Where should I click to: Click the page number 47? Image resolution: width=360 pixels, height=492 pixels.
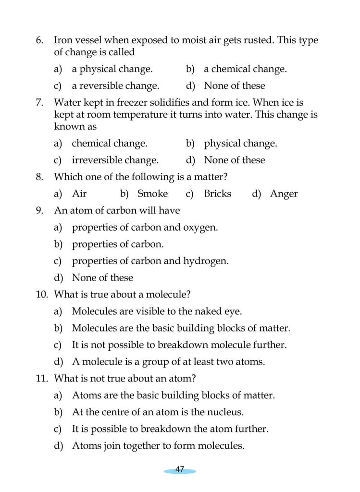coord(180,469)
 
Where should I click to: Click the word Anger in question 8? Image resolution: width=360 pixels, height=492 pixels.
coord(284,194)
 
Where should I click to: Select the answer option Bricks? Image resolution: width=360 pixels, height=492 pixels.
coord(217,194)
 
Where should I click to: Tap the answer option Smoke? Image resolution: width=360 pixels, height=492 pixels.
coord(152,194)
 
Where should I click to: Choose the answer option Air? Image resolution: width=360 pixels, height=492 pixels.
coord(79,194)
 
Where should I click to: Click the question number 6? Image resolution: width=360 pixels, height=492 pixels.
coord(40,41)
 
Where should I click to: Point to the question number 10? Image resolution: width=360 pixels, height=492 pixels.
coord(42,295)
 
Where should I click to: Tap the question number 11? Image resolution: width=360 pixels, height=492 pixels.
coord(42,379)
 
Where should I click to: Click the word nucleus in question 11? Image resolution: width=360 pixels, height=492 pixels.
coord(226,412)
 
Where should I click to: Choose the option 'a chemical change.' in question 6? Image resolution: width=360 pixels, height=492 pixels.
coord(245,69)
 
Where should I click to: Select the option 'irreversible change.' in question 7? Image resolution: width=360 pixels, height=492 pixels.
coord(115,160)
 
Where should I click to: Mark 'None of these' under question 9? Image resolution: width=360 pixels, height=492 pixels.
coord(102,278)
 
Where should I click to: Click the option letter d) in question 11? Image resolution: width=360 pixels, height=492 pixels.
coord(58,446)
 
